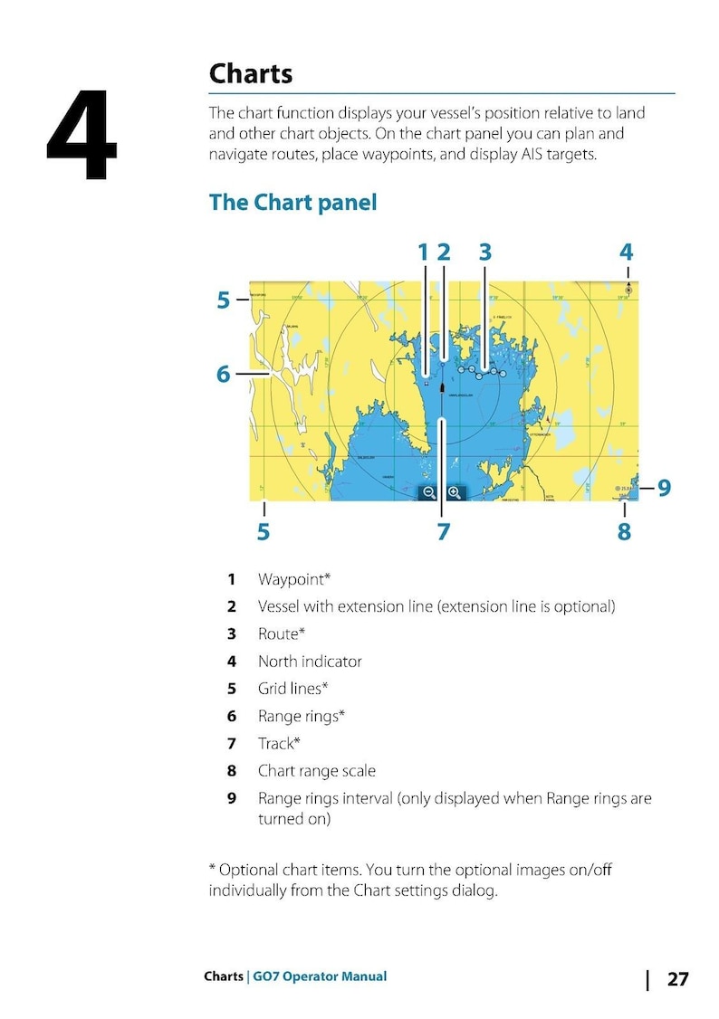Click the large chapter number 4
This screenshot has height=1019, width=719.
click(82, 136)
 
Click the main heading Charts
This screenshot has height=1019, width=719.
click(251, 73)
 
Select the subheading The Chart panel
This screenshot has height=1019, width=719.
click(292, 202)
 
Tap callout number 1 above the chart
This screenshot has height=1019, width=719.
click(422, 252)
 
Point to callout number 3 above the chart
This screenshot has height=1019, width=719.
click(484, 252)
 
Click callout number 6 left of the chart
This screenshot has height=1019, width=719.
click(223, 373)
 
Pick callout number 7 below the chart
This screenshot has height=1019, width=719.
click(443, 531)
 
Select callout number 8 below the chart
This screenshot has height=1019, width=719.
click(624, 531)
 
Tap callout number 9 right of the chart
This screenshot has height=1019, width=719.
click(664, 488)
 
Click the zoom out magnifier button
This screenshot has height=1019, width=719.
click(429, 492)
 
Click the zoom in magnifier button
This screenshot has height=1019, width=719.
click(455, 492)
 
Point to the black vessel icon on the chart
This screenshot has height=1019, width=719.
click(442, 387)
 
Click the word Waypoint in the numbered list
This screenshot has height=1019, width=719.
click(290, 579)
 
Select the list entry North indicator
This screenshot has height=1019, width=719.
click(310, 662)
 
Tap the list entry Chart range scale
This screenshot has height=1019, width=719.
click(316, 771)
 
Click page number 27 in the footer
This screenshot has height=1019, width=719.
click(677, 979)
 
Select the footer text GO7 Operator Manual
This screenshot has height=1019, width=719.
click(320, 976)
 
